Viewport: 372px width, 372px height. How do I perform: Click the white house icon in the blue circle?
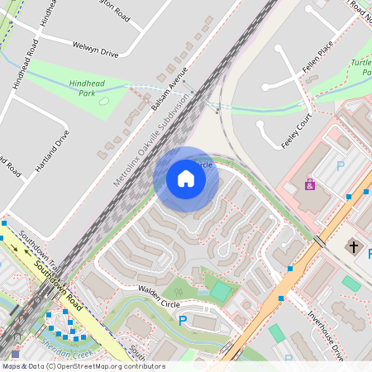(186, 179)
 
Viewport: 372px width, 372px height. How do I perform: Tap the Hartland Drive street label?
(51, 150)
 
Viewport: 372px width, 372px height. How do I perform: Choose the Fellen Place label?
(317, 57)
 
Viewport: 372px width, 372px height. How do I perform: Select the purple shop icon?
(310, 184)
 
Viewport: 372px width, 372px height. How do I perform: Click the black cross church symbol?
(354, 247)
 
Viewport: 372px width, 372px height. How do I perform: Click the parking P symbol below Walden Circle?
(184, 320)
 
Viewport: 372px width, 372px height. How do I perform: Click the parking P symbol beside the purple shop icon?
(340, 165)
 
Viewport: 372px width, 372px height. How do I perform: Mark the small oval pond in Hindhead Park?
(103, 101)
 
